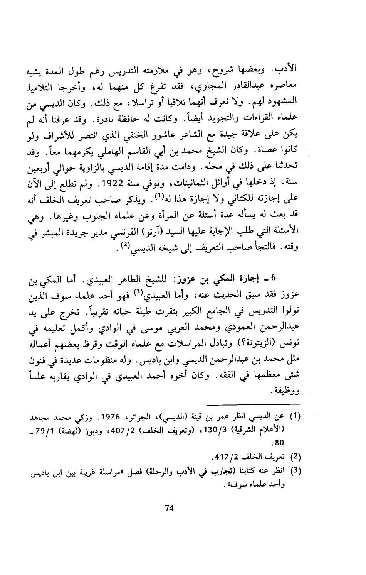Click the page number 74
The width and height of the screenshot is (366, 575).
(x=168, y=508)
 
